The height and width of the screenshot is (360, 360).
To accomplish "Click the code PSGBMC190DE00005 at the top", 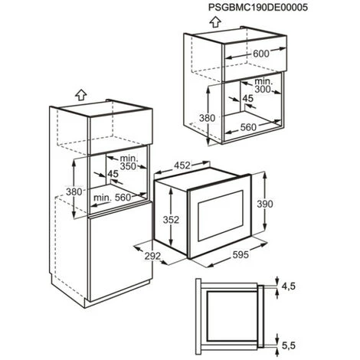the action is (x=258, y=8).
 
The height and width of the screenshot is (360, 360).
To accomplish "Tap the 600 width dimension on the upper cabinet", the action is (x=261, y=54).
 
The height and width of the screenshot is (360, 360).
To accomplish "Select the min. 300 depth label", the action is (x=263, y=86).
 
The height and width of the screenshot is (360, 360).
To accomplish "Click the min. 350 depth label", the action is (x=128, y=162).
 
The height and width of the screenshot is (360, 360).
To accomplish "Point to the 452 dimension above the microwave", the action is (x=182, y=165).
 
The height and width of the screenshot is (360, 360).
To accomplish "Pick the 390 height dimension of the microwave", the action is (x=265, y=204).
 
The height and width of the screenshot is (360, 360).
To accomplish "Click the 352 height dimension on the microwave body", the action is (x=171, y=220).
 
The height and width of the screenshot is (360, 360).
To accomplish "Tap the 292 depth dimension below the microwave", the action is (x=152, y=256).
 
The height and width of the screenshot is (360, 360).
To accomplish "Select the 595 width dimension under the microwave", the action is (x=241, y=254).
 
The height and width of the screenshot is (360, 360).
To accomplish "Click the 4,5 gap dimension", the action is (x=289, y=286).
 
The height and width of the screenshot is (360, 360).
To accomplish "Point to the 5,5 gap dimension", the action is (x=289, y=345).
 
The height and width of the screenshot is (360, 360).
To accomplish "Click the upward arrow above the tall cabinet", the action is (x=81, y=95).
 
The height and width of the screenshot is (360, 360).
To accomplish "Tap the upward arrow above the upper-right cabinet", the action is (x=215, y=21).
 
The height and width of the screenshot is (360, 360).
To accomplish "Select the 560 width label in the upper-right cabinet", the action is (x=248, y=127).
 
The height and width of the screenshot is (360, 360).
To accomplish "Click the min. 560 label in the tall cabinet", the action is (x=112, y=198).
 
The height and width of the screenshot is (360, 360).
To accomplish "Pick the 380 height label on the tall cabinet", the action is (x=74, y=191).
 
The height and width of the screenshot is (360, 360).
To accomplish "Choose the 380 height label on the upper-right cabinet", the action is (x=208, y=118).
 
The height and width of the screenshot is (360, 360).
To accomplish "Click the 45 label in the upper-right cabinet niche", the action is (x=247, y=98).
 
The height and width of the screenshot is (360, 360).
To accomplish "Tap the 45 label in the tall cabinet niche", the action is (x=113, y=174).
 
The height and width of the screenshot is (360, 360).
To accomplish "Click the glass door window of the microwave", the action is (x=220, y=215).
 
